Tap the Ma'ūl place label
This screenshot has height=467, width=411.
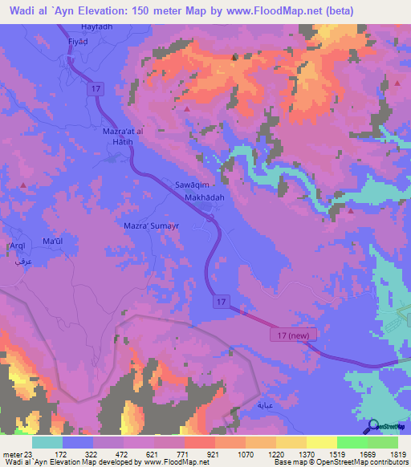[x=53, y=242]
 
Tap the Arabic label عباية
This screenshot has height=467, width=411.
[x=266, y=406]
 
